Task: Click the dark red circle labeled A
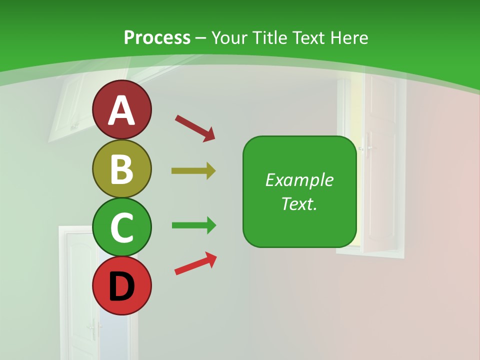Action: tap(122, 109)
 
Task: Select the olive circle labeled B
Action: tap(122, 168)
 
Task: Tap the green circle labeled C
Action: tap(122, 227)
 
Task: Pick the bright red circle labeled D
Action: tap(122, 285)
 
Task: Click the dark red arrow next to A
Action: tap(195, 127)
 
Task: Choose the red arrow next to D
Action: tap(195, 263)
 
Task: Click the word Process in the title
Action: tap(157, 37)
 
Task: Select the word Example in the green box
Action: tap(299, 180)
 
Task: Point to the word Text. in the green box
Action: tap(299, 204)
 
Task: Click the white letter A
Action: tap(122, 110)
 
